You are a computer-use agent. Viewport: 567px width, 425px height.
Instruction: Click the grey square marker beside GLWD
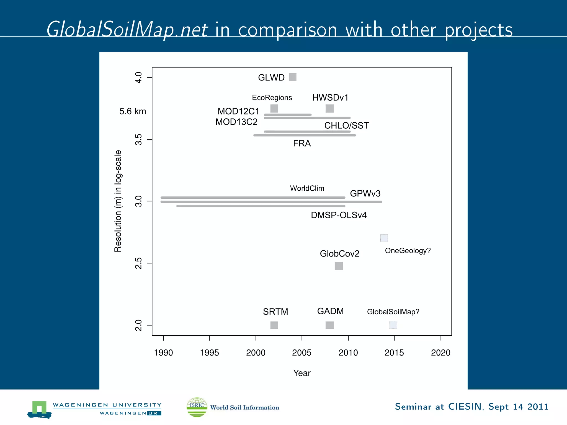292,77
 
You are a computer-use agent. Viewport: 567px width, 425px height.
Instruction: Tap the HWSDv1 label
330,98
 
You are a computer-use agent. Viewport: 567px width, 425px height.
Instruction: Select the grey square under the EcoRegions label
274,108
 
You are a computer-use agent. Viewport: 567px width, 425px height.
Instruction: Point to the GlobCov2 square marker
339,266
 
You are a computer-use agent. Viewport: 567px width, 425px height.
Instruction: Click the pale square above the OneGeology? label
384,238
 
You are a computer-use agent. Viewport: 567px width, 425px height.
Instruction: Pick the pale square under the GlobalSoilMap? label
393,325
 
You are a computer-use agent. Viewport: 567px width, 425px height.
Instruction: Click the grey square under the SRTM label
274,325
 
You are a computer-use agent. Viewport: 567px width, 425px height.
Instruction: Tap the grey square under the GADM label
329,325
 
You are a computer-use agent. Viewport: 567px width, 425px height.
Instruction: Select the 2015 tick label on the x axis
394,353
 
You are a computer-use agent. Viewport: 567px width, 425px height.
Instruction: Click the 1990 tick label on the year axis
163,353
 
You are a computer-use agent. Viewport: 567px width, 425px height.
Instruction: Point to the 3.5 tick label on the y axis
138,140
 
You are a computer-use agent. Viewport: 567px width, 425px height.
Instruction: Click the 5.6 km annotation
133,112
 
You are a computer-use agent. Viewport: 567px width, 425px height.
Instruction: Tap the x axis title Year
302,373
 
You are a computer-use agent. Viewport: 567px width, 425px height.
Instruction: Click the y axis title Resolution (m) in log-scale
118,201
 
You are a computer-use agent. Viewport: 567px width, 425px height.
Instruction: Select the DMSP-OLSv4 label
339,215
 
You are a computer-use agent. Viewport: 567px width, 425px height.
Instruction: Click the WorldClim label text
307,188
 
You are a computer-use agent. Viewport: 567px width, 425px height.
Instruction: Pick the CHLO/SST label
346,126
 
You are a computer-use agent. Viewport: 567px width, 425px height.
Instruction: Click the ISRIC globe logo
197,407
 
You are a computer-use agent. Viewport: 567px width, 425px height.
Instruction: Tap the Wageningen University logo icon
39,409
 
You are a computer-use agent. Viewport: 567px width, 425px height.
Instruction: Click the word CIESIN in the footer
465,407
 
